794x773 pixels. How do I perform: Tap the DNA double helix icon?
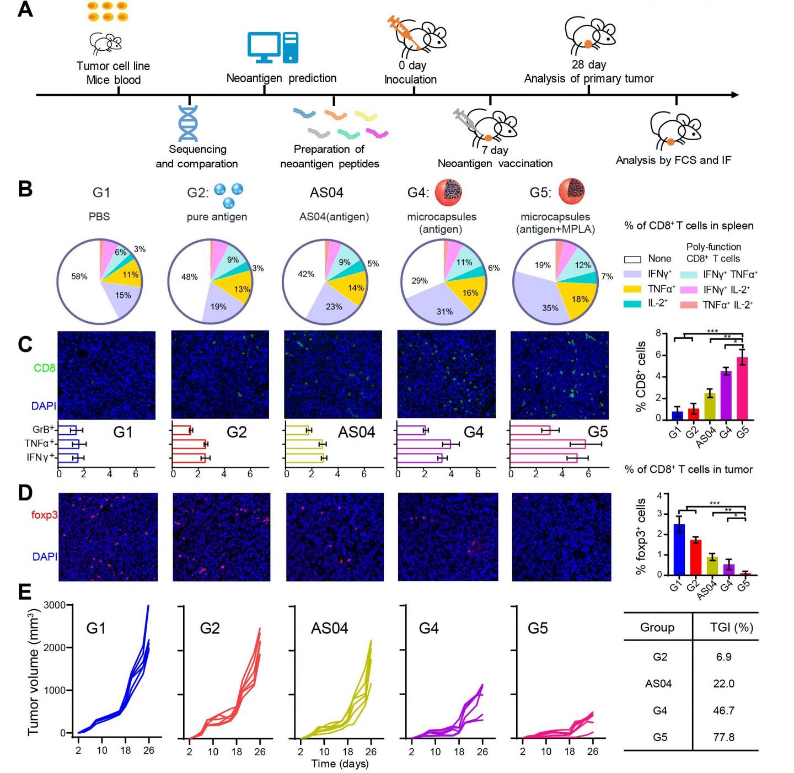pos(188,123)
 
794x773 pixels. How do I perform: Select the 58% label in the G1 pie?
pos(79,276)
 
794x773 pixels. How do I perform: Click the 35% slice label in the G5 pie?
pos(550,308)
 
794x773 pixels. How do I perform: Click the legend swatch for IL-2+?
pos(633,303)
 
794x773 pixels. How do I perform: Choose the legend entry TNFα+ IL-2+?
pos(727,305)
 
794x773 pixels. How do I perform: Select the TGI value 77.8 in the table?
pos(723,737)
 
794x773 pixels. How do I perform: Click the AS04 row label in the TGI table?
pos(658,684)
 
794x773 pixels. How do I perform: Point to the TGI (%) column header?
pos(731,627)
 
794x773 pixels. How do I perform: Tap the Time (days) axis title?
pos(340,764)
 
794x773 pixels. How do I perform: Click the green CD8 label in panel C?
pos(45,367)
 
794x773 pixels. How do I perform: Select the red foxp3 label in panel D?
pos(45,514)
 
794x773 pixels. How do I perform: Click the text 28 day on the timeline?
pos(588,64)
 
